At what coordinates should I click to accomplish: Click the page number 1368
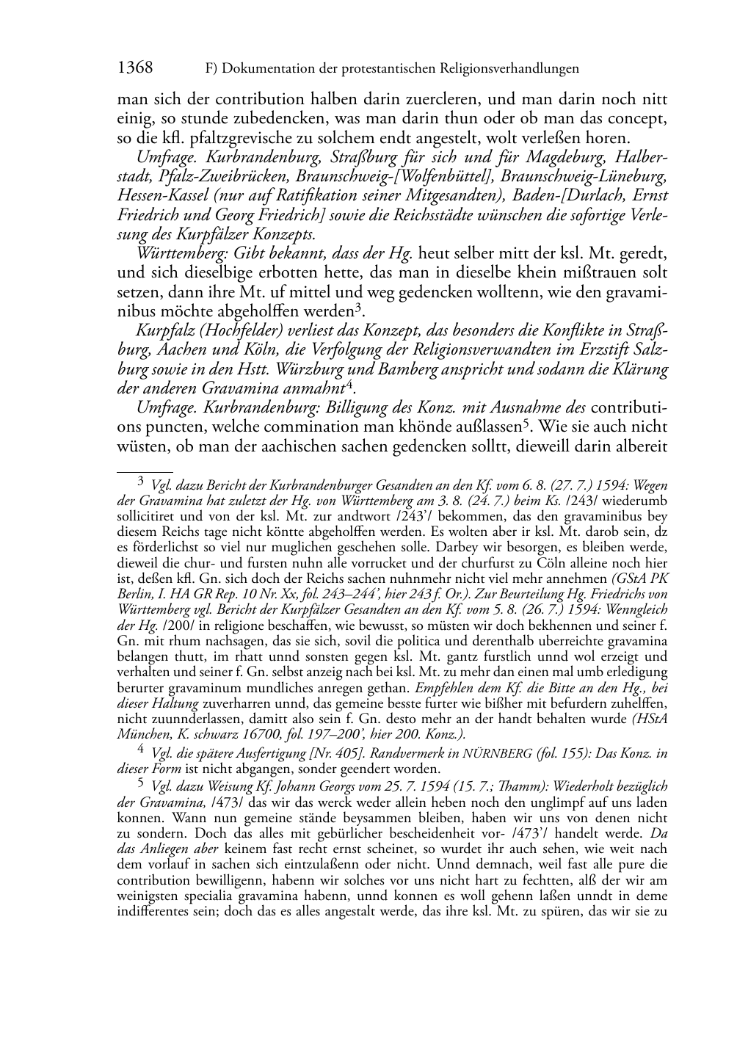pos(134,68)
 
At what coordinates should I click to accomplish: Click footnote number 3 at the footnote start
pos(141,482)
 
